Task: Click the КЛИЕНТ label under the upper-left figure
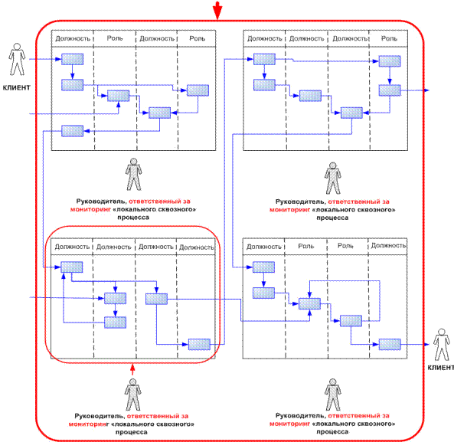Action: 17,88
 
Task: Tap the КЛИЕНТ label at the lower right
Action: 441,368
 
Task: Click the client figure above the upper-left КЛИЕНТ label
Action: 17,60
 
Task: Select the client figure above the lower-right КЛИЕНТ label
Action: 441,345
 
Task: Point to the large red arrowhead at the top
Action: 217,11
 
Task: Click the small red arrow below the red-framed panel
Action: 132,370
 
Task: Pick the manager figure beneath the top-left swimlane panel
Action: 133,175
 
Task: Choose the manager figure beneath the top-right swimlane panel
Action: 333,178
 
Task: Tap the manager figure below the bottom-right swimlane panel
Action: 333,395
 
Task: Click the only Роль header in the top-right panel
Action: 389,38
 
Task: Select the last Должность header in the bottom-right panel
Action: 388,246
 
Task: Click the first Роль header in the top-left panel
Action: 115,38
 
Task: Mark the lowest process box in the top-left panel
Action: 73,131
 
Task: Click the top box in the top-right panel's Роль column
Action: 390,61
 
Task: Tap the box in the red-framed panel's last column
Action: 199,345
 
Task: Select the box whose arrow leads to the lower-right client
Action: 390,345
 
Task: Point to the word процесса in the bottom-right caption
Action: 332,432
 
